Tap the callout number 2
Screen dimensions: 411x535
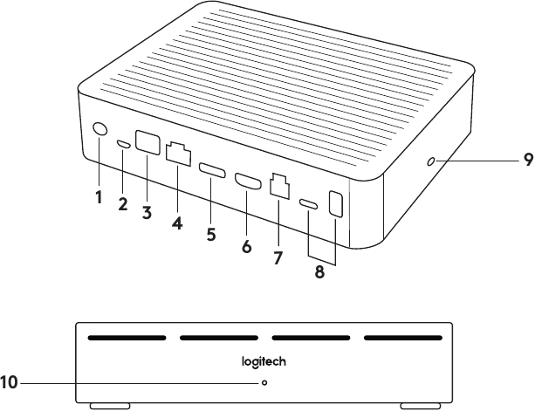click(123, 205)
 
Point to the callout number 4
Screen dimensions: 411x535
click(177, 222)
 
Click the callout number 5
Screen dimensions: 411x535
click(211, 235)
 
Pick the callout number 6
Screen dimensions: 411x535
click(246, 246)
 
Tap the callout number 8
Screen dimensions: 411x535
click(319, 271)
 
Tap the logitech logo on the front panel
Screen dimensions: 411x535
click(264, 360)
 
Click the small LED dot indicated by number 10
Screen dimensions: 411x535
click(264, 382)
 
